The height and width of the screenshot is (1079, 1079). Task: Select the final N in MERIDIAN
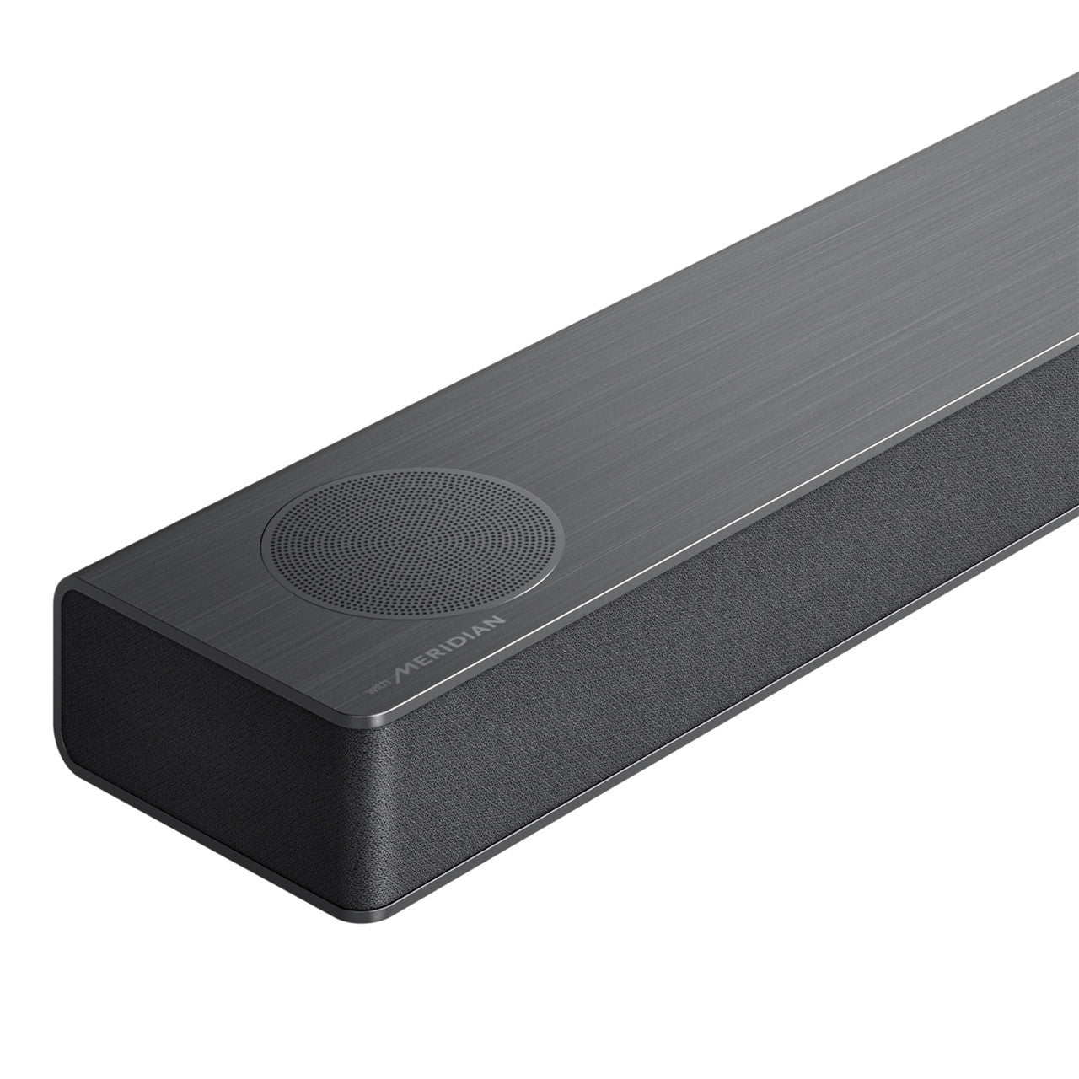coord(497,621)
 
